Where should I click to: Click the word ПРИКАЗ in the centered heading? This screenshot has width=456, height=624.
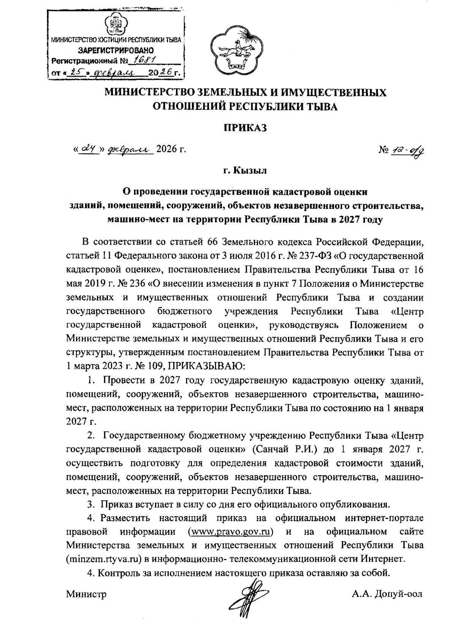tap(245, 128)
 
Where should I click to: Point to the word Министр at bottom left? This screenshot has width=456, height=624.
tap(86, 594)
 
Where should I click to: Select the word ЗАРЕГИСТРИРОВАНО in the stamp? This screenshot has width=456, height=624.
tap(116, 50)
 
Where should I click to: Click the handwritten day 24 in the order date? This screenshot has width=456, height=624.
tap(86, 150)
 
